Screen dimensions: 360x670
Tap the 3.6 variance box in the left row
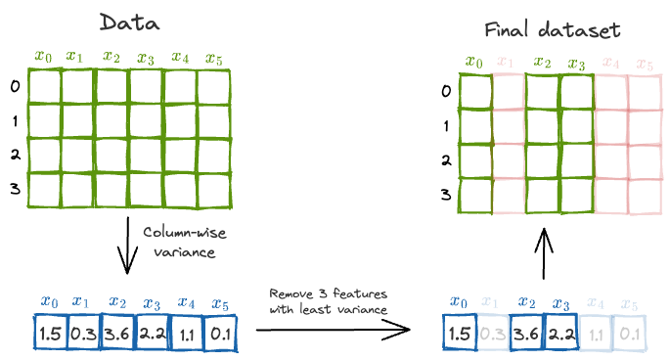click(117, 335)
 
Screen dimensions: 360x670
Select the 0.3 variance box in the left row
click(83, 335)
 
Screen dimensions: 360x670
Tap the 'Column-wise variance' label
click(178, 242)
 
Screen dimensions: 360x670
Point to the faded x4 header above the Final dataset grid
click(610, 64)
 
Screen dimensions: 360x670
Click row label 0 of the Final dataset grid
click(445, 92)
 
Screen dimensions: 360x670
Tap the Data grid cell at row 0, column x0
click(44, 88)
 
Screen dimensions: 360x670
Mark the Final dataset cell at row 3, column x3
click(575, 195)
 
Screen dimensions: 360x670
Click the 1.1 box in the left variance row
click(186, 335)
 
